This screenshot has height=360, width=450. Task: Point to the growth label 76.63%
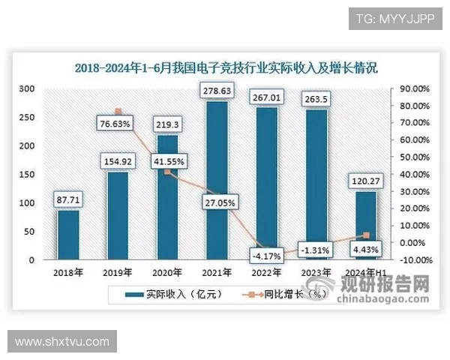(115, 122)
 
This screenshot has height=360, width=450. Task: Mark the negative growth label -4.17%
(266, 256)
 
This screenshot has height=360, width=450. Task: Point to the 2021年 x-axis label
(217, 272)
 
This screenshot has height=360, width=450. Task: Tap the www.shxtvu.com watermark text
(61, 342)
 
